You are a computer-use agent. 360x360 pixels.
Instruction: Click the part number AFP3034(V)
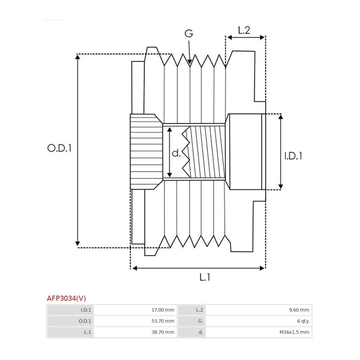pyautogui.click(x=66, y=298)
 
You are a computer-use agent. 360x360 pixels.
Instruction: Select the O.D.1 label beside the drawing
pyautogui.click(x=59, y=148)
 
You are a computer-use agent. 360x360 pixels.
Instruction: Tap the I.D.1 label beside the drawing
pyautogui.click(x=293, y=156)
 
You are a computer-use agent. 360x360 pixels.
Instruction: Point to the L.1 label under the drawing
pyautogui.click(x=204, y=277)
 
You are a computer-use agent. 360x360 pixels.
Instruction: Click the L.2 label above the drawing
pyautogui.click(x=244, y=30)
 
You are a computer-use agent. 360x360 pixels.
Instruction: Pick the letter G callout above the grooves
pyautogui.click(x=189, y=34)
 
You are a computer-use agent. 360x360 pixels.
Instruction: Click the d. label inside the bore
pyautogui.click(x=176, y=153)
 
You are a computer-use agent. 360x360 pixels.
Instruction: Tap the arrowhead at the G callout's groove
pyautogui.click(x=190, y=62)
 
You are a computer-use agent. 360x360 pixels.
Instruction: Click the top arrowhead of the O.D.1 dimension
pyautogui.click(x=78, y=57)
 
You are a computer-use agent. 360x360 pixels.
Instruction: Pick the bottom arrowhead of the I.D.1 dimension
pyautogui.click(x=280, y=187)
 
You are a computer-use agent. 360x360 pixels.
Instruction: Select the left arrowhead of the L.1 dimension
pyautogui.click(x=135, y=268)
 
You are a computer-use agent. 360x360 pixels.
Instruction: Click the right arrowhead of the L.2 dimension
pyautogui.click(x=262, y=38)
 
